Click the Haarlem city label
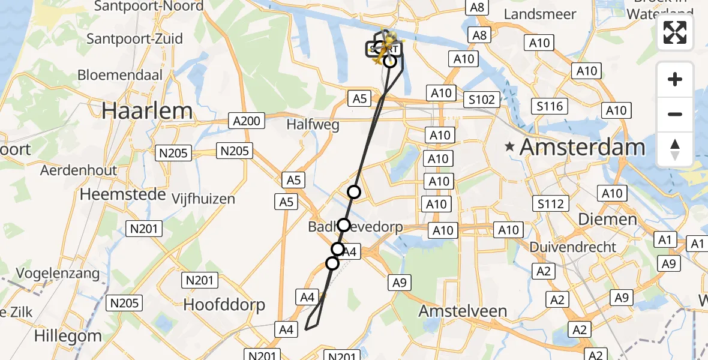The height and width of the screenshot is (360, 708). [147, 111]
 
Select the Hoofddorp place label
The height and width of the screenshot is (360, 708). [224, 305]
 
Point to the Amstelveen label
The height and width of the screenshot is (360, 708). [463, 311]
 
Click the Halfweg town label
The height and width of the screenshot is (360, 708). [313, 125]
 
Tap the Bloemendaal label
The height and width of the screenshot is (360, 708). [121, 76]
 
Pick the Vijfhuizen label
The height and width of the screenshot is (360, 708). [203, 199]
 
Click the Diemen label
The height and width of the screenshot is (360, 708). [608, 219]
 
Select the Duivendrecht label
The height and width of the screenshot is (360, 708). [573, 247]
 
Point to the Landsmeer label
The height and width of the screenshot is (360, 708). [540, 14]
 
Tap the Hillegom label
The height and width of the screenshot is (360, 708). [68, 336]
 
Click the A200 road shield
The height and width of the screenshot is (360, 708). [247, 121]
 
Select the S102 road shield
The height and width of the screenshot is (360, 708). [481, 100]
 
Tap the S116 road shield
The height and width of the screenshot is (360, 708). [550, 107]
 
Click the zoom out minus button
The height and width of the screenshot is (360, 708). [675, 114]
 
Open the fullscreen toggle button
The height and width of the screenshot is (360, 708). [675, 32]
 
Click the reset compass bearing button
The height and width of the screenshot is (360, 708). [675, 149]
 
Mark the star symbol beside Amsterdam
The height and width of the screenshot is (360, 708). [511, 146]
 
